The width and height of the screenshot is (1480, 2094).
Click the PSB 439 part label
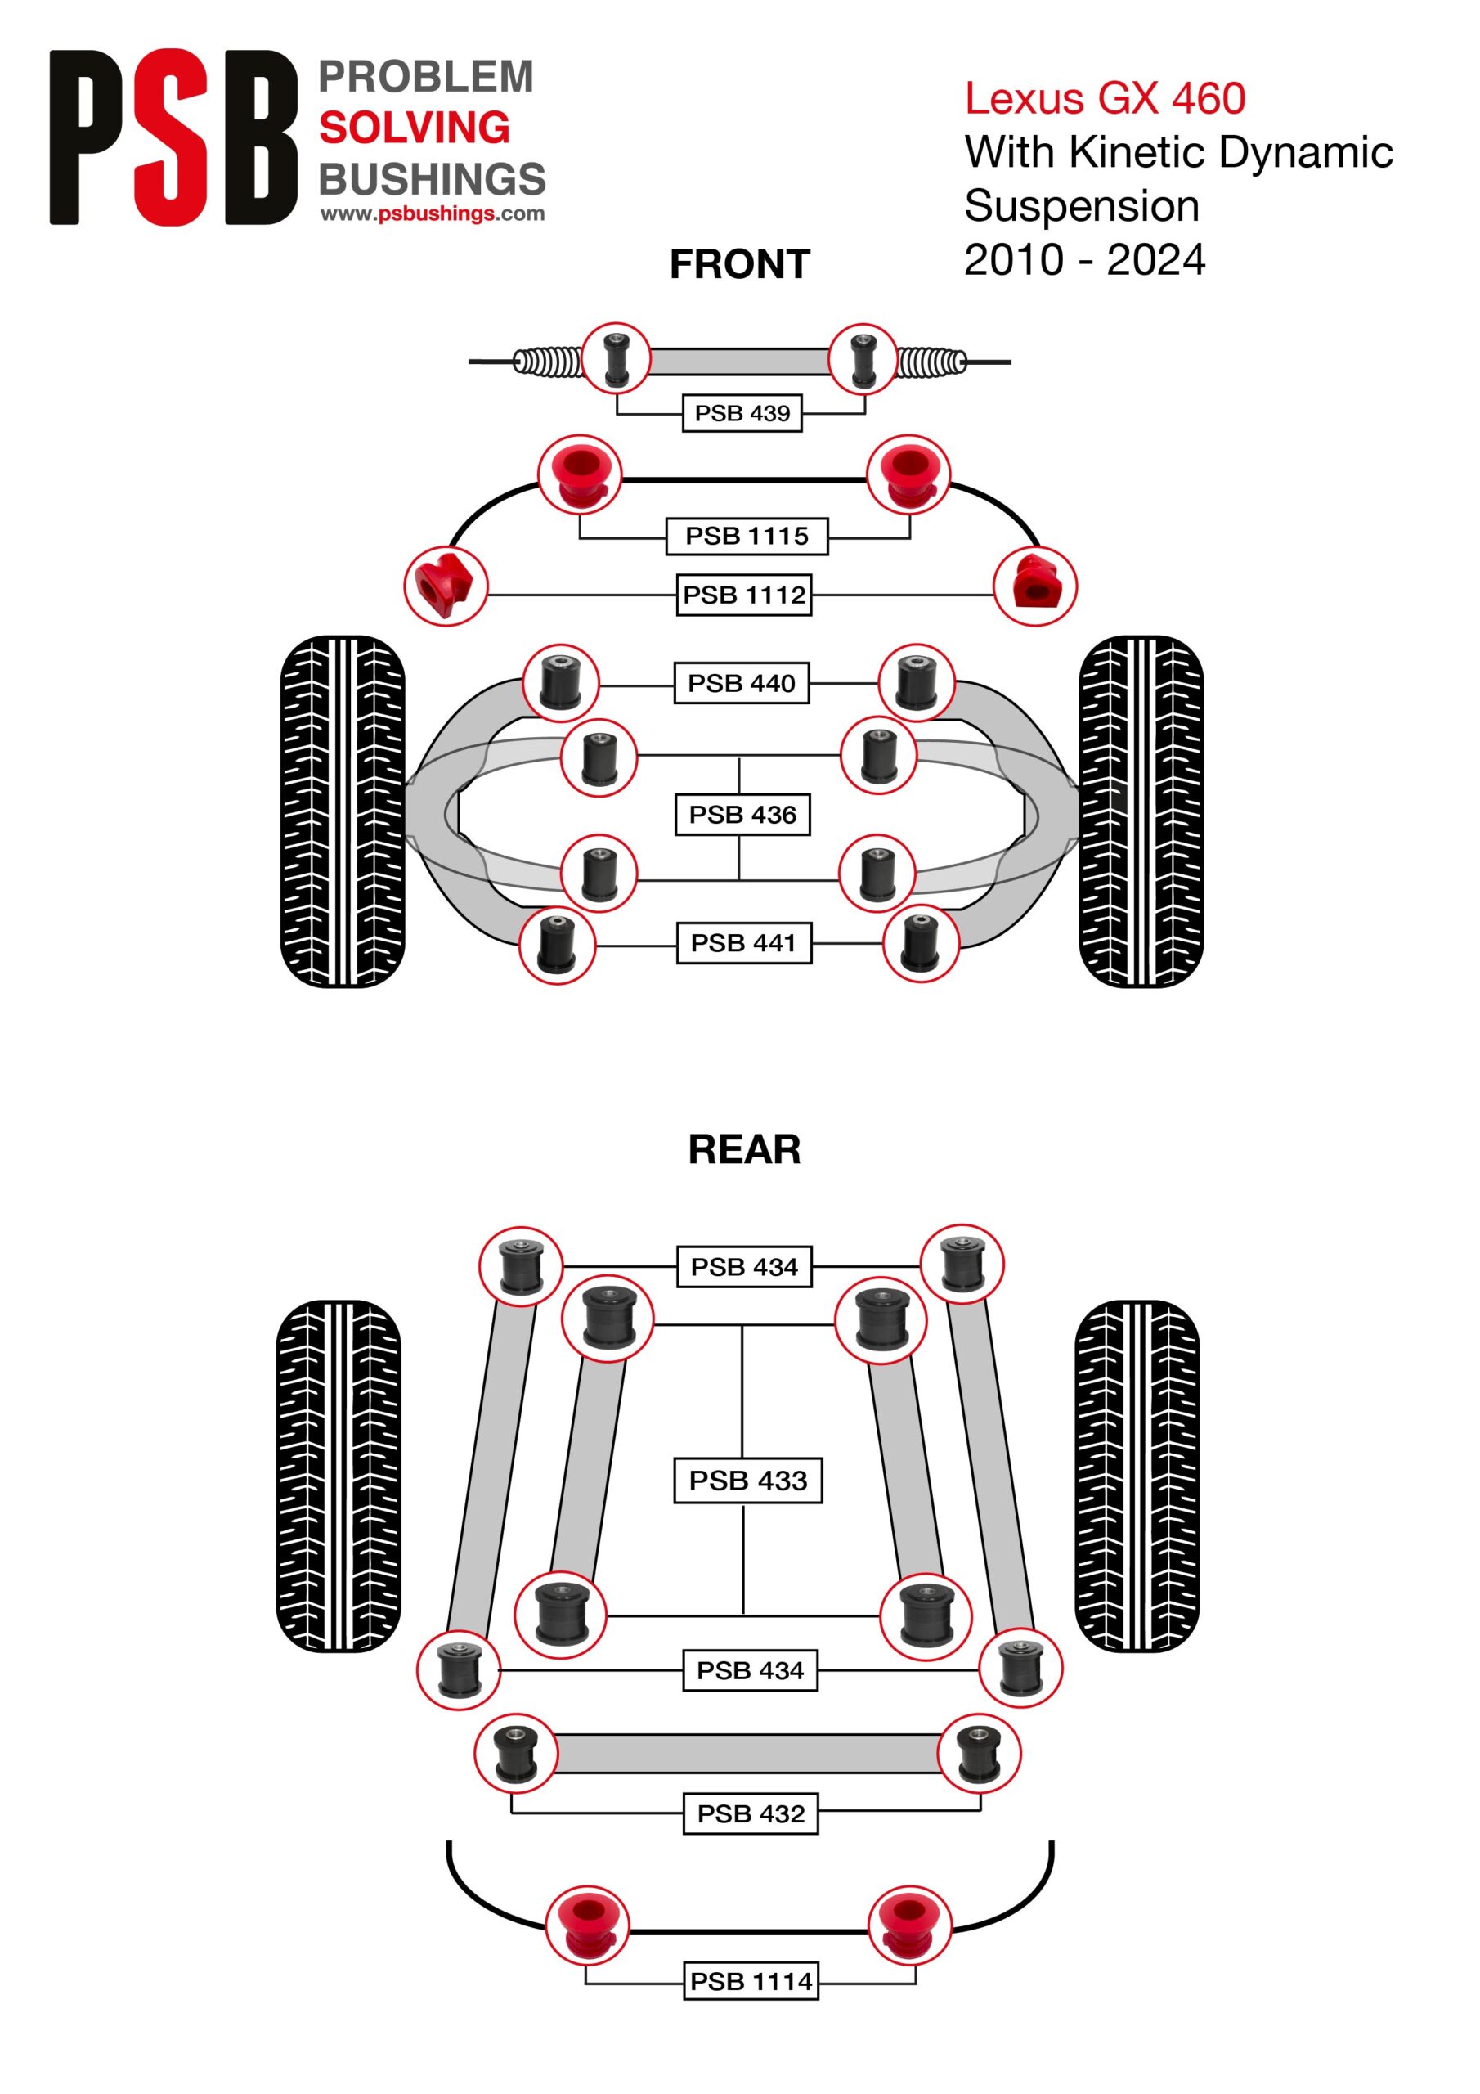(742, 413)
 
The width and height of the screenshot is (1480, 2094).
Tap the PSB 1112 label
(744, 595)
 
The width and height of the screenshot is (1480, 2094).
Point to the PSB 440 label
(742, 682)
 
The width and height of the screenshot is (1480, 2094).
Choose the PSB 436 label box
(742, 815)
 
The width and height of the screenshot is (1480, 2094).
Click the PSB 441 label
(744, 942)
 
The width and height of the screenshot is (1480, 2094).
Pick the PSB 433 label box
(747, 1481)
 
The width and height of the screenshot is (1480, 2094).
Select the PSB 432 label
(751, 1813)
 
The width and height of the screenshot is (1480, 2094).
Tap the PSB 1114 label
(751, 1981)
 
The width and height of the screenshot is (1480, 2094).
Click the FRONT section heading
(739, 264)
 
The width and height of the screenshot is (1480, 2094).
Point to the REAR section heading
(744, 1149)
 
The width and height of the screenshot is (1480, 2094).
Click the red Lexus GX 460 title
(1106, 98)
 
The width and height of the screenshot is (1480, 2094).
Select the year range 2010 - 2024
(1085, 260)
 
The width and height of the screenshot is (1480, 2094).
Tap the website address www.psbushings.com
(433, 214)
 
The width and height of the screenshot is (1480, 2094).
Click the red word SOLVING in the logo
(414, 128)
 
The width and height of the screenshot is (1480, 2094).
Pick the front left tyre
(342, 811)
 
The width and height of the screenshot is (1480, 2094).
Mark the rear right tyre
(1137, 1476)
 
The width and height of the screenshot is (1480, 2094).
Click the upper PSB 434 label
(744, 1267)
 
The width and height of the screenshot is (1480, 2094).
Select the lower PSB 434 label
(751, 1670)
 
